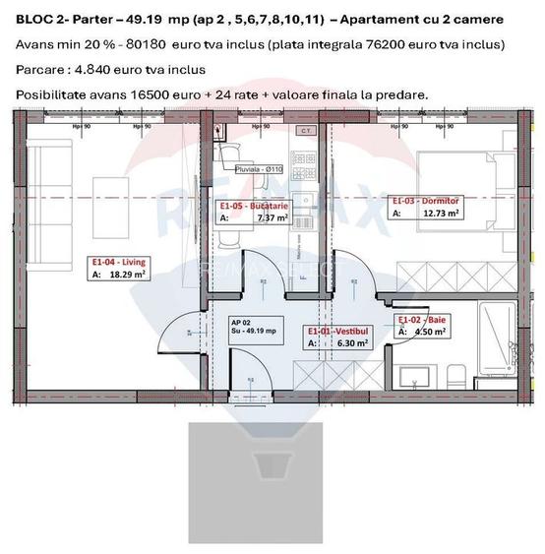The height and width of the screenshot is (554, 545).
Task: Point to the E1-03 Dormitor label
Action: pos(426,200)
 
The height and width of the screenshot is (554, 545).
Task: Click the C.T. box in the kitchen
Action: pos(305,130)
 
